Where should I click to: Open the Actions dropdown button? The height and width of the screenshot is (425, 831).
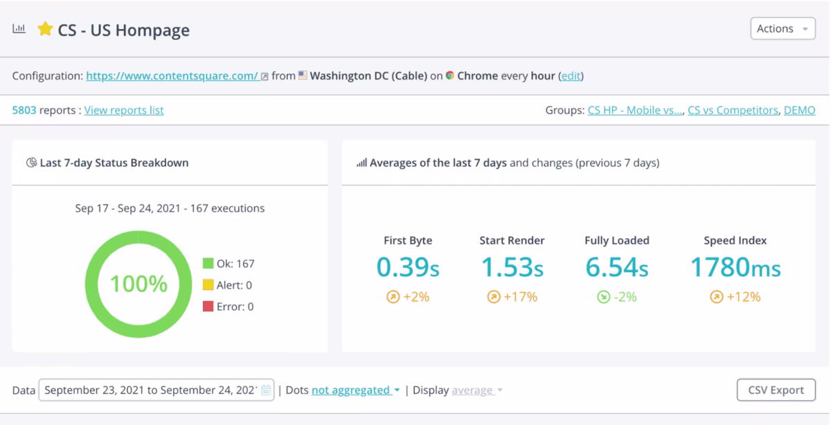click(x=783, y=28)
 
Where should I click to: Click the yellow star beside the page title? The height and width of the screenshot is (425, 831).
click(x=45, y=29)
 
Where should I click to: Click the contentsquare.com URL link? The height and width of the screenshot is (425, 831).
click(x=172, y=75)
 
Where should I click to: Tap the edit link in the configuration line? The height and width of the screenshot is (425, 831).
click(x=571, y=75)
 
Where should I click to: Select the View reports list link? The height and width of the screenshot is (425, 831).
click(x=124, y=110)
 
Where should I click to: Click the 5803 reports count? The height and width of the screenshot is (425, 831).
click(x=24, y=110)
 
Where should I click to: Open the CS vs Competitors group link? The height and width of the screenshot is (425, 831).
click(x=733, y=110)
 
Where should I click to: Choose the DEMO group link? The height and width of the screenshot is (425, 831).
click(x=799, y=110)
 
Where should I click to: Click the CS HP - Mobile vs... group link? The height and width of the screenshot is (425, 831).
click(x=635, y=110)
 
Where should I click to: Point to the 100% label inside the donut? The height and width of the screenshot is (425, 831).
click(x=138, y=284)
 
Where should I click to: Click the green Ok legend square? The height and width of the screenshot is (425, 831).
click(x=208, y=263)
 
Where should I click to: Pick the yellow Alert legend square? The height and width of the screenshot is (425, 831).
click(x=208, y=284)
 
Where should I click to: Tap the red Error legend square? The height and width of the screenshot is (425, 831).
click(x=208, y=307)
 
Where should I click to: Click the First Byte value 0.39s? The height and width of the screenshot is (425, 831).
click(x=408, y=267)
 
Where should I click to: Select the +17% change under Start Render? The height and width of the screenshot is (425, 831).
click(x=512, y=297)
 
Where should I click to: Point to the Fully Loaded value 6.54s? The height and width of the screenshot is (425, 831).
click(x=617, y=267)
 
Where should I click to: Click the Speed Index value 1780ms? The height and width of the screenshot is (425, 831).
click(x=735, y=267)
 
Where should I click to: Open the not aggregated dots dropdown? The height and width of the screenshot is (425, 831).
click(x=355, y=390)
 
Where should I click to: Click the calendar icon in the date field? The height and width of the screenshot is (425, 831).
click(x=266, y=390)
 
